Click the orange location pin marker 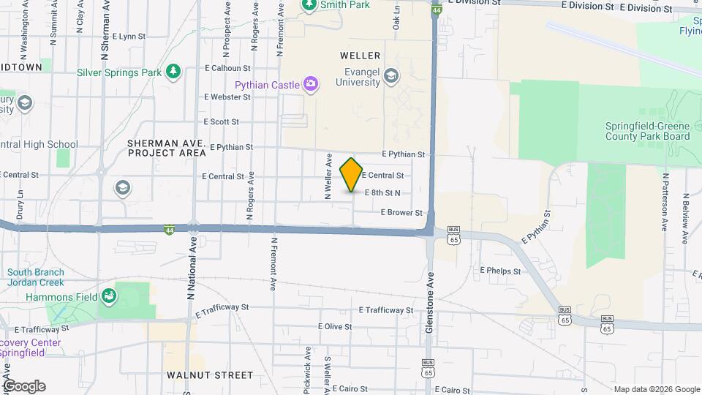352,175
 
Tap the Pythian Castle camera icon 312,85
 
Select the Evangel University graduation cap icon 391,76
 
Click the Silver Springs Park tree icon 173,72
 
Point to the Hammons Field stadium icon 108,296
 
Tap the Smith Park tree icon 309,4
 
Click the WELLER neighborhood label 360,56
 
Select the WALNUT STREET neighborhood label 209,375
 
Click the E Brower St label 401,213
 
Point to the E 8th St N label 382,193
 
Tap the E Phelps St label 500,271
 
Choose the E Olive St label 335,327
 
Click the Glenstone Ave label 430,304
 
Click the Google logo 24,386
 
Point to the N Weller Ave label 329,176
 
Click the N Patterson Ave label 666,201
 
